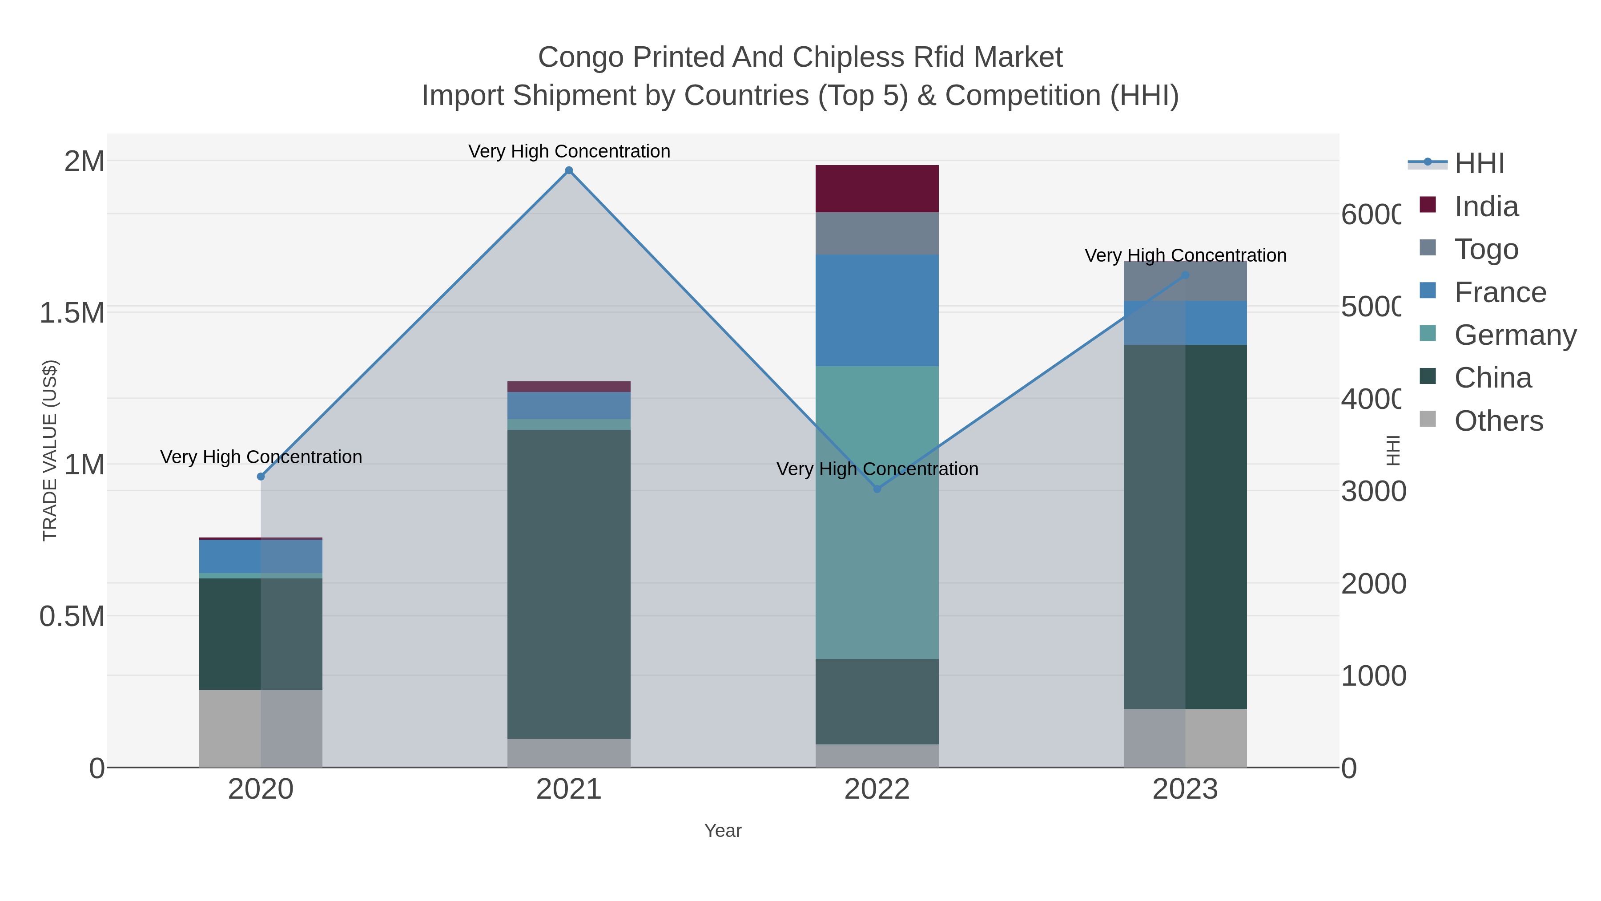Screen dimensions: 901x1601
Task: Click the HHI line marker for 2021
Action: [569, 170]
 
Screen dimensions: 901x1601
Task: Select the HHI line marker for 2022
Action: [877, 489]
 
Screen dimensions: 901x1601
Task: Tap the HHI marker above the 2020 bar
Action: [261, 476]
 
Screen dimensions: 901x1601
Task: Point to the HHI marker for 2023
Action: [1185, 275]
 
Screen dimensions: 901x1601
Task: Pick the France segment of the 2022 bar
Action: [877, 310]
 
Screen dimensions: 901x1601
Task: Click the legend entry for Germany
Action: [1515, 335]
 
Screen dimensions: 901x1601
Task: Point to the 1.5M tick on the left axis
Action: [72, 312]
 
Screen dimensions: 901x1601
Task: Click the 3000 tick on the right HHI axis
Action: [1372, 491]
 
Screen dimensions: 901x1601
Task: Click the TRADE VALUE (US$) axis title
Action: [50, 450]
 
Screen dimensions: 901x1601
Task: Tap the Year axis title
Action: [723, 831]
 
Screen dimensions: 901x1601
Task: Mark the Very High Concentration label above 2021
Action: [569, 151]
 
